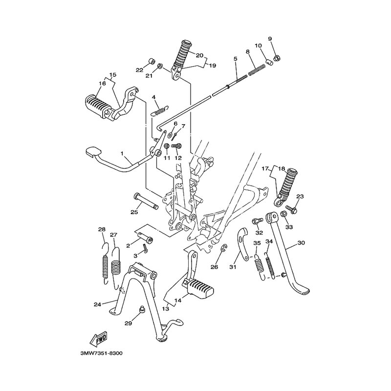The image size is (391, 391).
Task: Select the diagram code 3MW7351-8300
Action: coord(102,353)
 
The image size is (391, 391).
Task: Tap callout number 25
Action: coord(134,212)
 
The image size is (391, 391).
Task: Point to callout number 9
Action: coord(270,39)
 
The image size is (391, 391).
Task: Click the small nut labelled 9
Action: coord(276,59)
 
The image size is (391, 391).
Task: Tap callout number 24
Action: coord(97,304)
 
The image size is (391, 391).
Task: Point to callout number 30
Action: coord(301,242)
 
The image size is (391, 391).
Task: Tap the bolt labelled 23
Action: coord(291,209)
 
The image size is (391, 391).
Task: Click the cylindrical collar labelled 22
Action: coord(152,62)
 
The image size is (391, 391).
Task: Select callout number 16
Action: coord(102,83)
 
